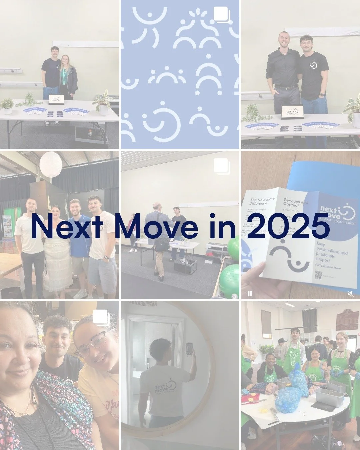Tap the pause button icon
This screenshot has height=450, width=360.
click(x=250, y=294)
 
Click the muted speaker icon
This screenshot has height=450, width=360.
click(x=350, y=294)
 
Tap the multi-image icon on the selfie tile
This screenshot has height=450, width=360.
click(x=101, y=318)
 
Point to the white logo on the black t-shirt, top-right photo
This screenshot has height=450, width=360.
click(x=314, y=64)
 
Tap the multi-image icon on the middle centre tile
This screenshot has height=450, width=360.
click(x=221, y=166)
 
